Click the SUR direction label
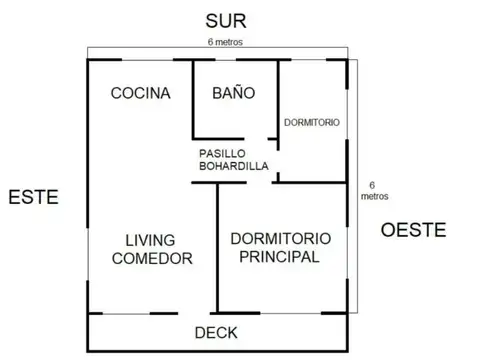225,20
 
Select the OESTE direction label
412,231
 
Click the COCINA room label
140,93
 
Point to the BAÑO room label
234,93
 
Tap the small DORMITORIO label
311,121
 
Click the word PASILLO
227,153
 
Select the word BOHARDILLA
232,167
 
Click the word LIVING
151,240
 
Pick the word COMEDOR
152,258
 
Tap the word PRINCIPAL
275,257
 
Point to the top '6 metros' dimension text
225,42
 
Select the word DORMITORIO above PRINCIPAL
275,239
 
